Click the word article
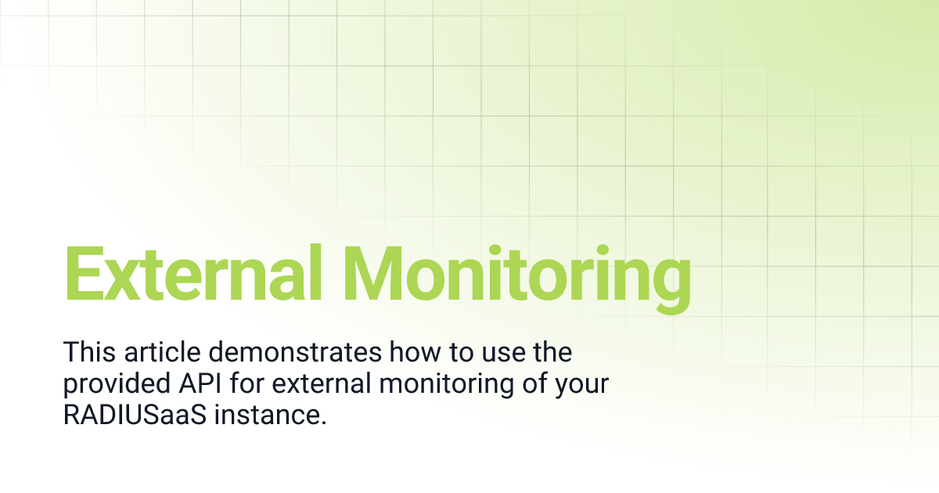coord(162,352)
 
